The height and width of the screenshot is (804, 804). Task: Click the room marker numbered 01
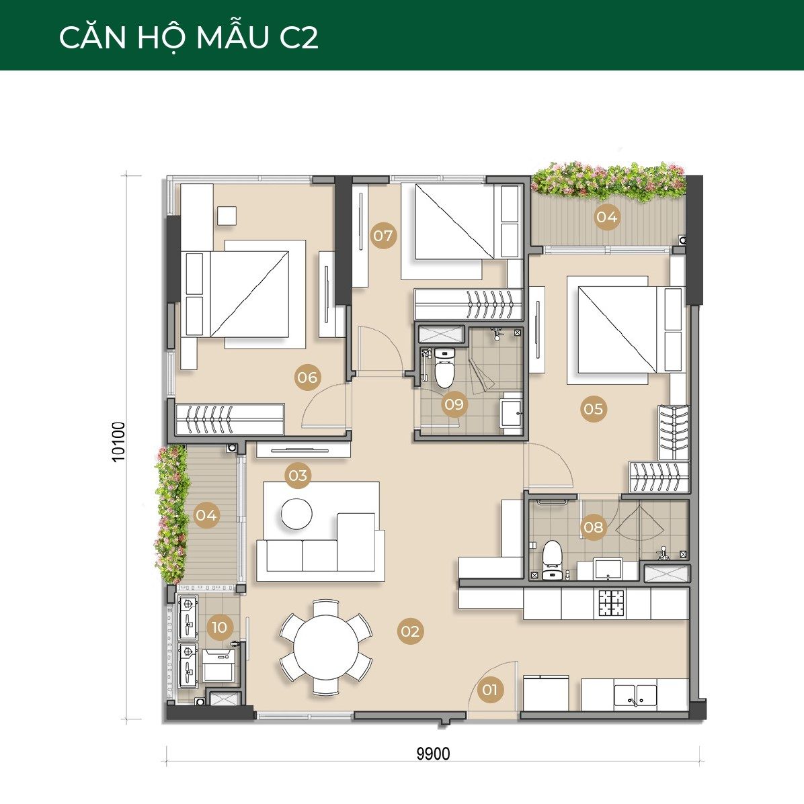click(x=490, y=690)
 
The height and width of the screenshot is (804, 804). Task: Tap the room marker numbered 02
click(x=410, y=631)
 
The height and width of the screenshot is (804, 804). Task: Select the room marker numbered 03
click(x=298, y=476)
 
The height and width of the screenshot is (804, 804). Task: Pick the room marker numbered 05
click(x=593, y=408)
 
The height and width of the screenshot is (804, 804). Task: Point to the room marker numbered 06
click(x=307, y=377)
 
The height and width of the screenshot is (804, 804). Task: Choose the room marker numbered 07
click(x=383, y=236)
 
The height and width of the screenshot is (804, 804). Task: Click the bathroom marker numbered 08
click(x=593, y=527)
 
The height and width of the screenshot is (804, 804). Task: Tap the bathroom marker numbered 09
click(x=454, y=404)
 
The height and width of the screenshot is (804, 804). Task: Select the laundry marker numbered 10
click(x=219, y=627)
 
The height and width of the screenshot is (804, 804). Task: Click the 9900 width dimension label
click(x=434, y=754)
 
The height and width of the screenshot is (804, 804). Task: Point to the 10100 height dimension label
click(x=118, y=442)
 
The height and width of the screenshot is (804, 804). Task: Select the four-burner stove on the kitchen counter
click(x=610, y=604)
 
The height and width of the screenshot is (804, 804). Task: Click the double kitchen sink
click(x=635, y=697)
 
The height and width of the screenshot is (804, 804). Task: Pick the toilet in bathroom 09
click(x=444, y=367)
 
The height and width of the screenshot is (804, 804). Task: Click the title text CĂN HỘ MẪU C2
click(x=189, y=37)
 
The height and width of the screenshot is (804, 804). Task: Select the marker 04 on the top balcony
click(x=606, y=217)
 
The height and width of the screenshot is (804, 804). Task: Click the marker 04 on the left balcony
click(x=206, y=515)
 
